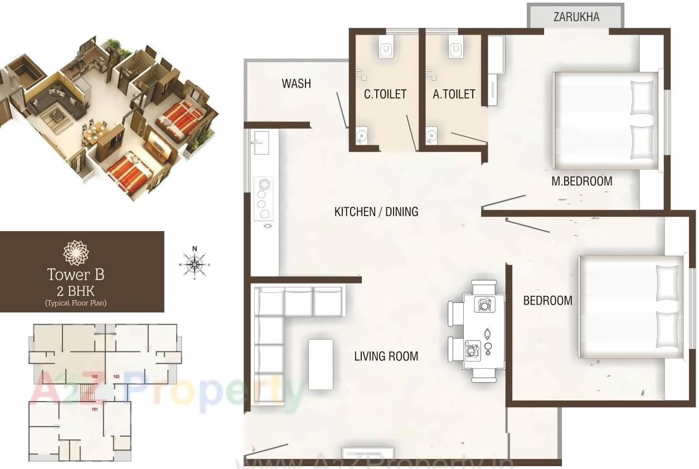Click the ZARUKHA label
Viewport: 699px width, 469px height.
click(x=576, y=17)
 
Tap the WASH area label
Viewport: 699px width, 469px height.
click(x=296, y=84)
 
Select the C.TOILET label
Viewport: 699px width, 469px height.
click(x=385, y=94)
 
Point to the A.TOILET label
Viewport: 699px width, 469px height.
click(x=454, y=94)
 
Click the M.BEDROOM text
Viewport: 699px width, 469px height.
click(x=581, y=181)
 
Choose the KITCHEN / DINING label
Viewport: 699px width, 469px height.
click(x=376, y=212)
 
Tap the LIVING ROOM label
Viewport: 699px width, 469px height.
click(x=386, y=356)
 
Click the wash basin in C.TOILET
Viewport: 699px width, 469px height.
click(x=361, y=135)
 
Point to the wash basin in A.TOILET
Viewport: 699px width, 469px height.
click(x=431, y=135)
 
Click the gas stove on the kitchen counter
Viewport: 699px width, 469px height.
click(x=263, y=198)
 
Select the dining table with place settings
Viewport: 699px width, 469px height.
click(x=484, y=331)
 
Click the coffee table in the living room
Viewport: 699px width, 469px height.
click(x=321, y=364)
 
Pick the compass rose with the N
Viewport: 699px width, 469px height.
click(x=194, y=263)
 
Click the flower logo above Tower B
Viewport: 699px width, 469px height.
click(x=76, y=252)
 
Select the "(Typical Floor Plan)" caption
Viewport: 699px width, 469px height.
click(x=76, y=303)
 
